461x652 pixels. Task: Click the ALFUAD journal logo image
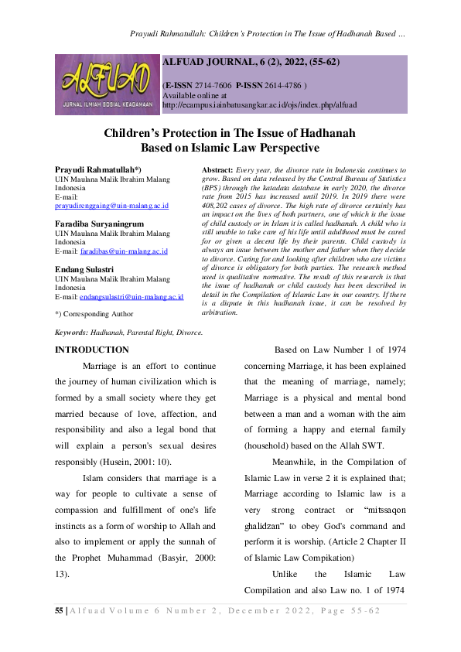tap(106, 84)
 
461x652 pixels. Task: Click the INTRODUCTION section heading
tap(91, 350)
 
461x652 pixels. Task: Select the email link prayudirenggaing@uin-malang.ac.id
tap(111, 206)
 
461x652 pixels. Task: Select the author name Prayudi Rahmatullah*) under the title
tap(98, 169)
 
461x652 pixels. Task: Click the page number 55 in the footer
tap(60, 610)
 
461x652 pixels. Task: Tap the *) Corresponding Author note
tap(94, 314)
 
